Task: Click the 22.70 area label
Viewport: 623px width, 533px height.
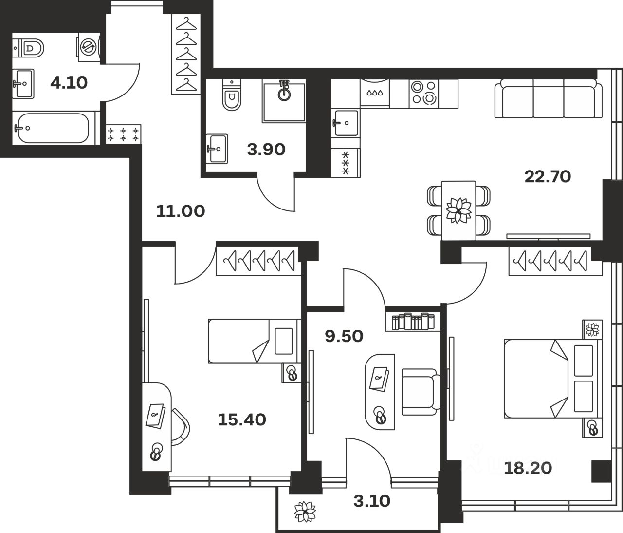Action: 548,176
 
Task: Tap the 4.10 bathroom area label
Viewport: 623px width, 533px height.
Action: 69,83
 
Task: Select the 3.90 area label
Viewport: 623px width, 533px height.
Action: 266,150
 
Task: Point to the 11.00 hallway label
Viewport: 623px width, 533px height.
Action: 180,211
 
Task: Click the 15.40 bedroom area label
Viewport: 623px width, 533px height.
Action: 241,419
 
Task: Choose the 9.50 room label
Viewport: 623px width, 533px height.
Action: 344,336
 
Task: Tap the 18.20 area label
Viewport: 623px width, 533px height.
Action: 528,468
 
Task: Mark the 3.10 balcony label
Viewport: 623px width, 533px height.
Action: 372,500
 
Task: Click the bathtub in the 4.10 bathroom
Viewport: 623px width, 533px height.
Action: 51,128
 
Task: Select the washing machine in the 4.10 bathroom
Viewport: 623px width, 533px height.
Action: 89,48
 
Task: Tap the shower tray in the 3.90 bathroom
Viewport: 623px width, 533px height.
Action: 284,101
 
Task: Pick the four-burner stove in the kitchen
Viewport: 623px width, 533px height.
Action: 423,93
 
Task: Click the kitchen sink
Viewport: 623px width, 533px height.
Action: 346,123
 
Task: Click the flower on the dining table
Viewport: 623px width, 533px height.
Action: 458,210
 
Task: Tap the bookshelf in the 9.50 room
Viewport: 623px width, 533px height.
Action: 413,322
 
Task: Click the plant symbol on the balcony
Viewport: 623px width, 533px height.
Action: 305,512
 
